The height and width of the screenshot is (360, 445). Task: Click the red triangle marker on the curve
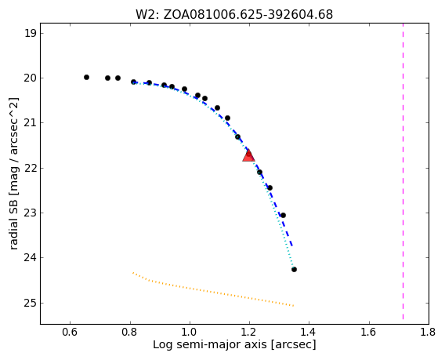coord(248,155)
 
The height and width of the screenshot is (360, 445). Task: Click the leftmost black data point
coord(86,78)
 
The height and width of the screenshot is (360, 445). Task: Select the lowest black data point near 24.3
coord(294,269)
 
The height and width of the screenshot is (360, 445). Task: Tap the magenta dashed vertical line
coord(403,173)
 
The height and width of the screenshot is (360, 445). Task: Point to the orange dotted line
coord(213,291)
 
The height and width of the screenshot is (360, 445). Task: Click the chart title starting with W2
coord(234,14)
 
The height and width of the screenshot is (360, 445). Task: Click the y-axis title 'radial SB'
coord(14,173)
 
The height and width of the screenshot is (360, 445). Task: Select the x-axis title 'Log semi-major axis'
coord(234,344)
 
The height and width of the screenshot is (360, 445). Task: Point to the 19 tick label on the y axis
coord(30,33)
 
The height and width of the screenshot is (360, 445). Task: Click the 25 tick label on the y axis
coord(30,304)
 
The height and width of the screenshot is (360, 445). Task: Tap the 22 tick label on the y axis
coord(30,168)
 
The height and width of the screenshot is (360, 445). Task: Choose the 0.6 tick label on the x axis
coord(70,332)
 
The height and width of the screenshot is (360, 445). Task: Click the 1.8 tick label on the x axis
coord(429,332)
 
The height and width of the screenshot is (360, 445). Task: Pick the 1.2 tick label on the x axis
coord(249,332)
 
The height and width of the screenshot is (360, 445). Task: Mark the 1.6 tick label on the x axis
coord(369,332)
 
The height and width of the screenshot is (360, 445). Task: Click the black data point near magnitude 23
coord(283,216)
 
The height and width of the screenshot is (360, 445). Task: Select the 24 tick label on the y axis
coord(30,258)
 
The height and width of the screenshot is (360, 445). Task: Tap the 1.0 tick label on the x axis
coord(190,332)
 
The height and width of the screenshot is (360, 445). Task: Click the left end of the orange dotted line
coord(132,273)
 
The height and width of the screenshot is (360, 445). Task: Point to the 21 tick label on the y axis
coord(30,123)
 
